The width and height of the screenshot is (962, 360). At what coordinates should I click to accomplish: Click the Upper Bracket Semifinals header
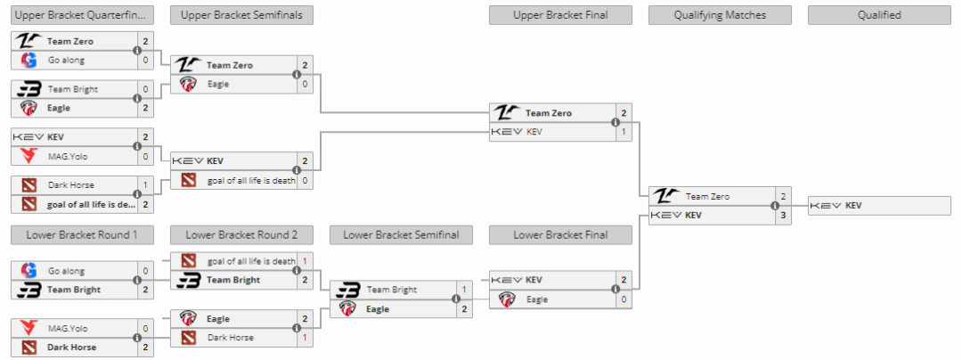(x=241, y=15)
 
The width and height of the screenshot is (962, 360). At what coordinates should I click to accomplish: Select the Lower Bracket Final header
(x=560, y=235)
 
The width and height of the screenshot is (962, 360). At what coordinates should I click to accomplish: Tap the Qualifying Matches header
(x=720, y=15)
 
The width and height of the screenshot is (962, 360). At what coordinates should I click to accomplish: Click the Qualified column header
(x=879, y=15)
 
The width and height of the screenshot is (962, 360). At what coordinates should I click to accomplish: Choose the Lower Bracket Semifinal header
(x=401, y=235)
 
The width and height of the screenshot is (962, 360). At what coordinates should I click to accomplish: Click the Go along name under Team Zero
(x=67, y=60)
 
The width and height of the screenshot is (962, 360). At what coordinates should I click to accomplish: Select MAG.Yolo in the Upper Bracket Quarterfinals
(x=67, y=156)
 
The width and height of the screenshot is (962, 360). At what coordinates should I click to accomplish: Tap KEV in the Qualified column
(x=853, y=206)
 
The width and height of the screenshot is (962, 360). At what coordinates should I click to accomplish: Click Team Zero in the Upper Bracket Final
(x=549, y=113)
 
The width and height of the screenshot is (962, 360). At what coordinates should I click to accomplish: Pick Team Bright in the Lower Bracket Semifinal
(x=392, y=290)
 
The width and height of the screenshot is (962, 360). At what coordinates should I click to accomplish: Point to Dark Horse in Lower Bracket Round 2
(x=231, y=338)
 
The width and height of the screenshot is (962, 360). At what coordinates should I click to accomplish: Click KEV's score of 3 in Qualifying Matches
(x=783, y=215)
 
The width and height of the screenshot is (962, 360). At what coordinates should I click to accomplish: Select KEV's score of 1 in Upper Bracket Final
(x=624, y=132)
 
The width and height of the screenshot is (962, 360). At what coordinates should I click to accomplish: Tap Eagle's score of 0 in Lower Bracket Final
(x=624, y=299)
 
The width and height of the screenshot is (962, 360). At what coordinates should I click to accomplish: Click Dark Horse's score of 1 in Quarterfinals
(x=145, y=184)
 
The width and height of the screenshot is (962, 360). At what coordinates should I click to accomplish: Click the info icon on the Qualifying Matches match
(x=774, y=206)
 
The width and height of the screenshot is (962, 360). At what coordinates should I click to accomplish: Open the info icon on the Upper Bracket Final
(x=615, y=123)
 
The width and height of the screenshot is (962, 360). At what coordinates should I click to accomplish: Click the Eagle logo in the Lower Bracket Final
(x=507, y=299)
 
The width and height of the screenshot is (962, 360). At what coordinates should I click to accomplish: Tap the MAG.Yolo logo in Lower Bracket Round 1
(x=29, y=328)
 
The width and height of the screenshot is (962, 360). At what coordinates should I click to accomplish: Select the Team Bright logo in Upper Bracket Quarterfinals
(x=29, y=89)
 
